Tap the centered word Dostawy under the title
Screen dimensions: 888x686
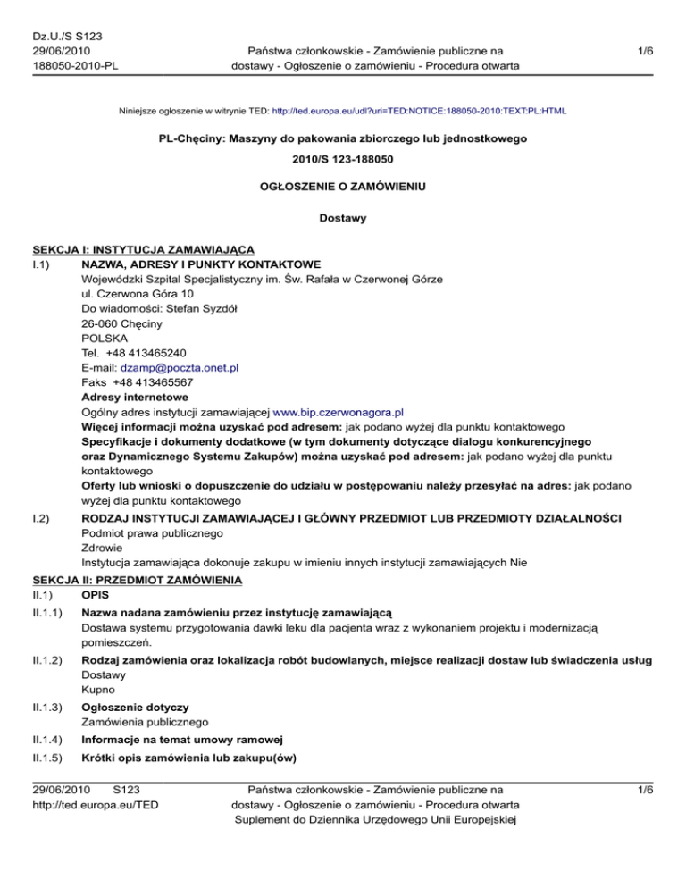pos(343,217)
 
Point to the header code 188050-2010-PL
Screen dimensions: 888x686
pos(66,65)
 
